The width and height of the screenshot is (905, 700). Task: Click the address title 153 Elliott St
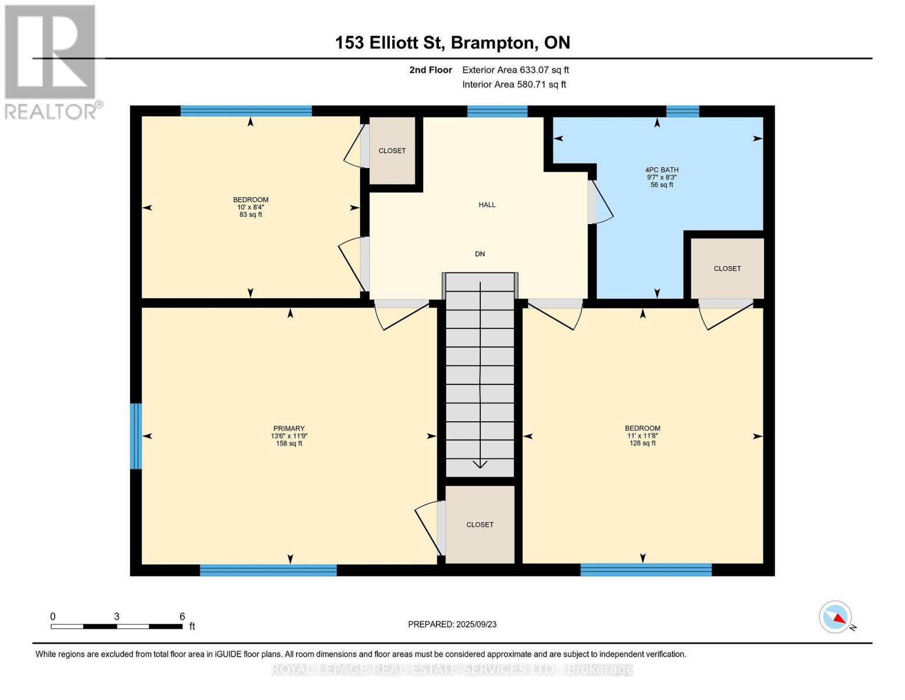click(452, 43)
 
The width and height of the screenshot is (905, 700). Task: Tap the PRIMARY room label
click(289, 429)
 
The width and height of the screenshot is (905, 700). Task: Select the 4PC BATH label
click(662, 170)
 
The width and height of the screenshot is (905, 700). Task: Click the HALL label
click(487, 205)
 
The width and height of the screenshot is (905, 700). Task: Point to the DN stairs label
click(480, 254)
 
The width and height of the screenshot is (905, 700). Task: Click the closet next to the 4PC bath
click(727, 268)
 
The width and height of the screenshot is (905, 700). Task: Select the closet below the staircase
click(480, 524)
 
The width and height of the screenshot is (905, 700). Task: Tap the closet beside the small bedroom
click(392, 150)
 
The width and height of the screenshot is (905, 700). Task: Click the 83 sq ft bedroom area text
click(251, 215)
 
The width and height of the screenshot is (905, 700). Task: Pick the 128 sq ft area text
click(642, 443)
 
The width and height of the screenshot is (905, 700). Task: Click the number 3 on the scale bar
click(117, 617)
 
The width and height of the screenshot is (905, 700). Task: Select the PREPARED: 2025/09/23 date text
click(452, 624)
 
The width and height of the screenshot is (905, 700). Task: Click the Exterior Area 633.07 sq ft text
click(515, 70)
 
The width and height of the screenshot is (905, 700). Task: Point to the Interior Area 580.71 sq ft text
click(514, 85)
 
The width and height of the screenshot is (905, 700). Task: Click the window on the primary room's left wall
click(136, 436)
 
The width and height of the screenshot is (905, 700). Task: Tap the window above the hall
click(497, 111)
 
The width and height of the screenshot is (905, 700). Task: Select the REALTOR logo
click(51, 61)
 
